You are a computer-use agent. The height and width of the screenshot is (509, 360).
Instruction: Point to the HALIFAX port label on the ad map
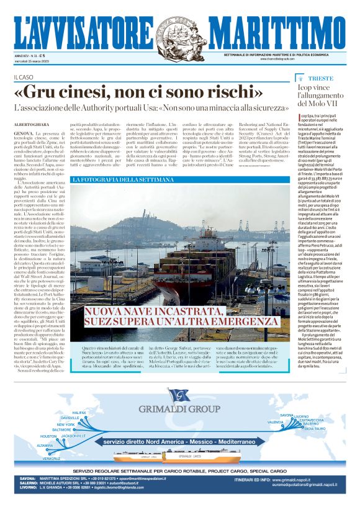point(79,412)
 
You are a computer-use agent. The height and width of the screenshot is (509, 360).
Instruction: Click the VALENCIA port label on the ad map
point(275,422)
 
